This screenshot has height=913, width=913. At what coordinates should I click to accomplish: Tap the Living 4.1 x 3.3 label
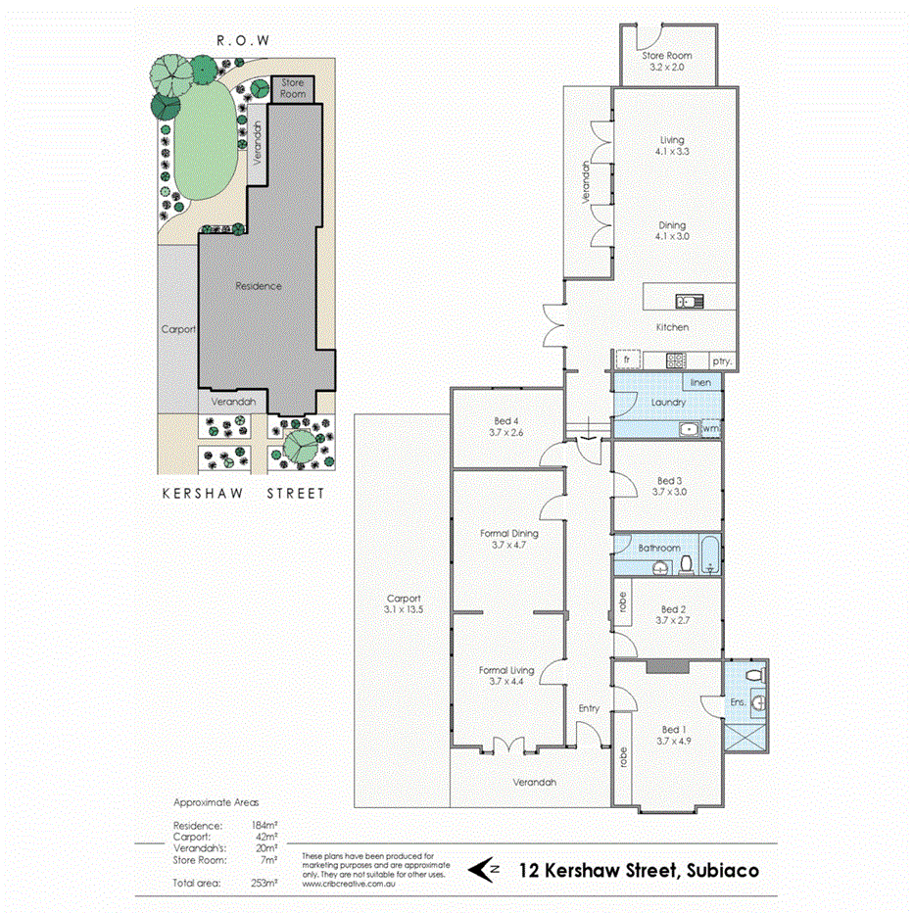[672, 146]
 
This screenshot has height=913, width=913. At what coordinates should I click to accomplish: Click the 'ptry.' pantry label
[722, 361]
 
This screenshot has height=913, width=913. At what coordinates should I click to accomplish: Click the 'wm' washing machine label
[712, 428]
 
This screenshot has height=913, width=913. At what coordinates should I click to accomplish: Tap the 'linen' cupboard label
[699, 383]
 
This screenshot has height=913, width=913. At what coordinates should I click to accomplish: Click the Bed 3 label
[670, 487]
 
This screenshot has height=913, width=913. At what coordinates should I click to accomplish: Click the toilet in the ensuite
[752, 675]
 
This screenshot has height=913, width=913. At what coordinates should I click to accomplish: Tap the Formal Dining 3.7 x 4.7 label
[509, 540]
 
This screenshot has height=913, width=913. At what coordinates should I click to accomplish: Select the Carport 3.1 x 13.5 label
[403, 604]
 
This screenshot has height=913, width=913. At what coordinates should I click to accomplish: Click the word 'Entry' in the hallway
[589, 708]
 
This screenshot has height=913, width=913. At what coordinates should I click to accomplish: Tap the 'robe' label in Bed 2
[621, 601]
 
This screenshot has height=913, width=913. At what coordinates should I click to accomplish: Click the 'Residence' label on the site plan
[259, 286]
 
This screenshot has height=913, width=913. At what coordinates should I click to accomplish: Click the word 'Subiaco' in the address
[710, 868]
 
